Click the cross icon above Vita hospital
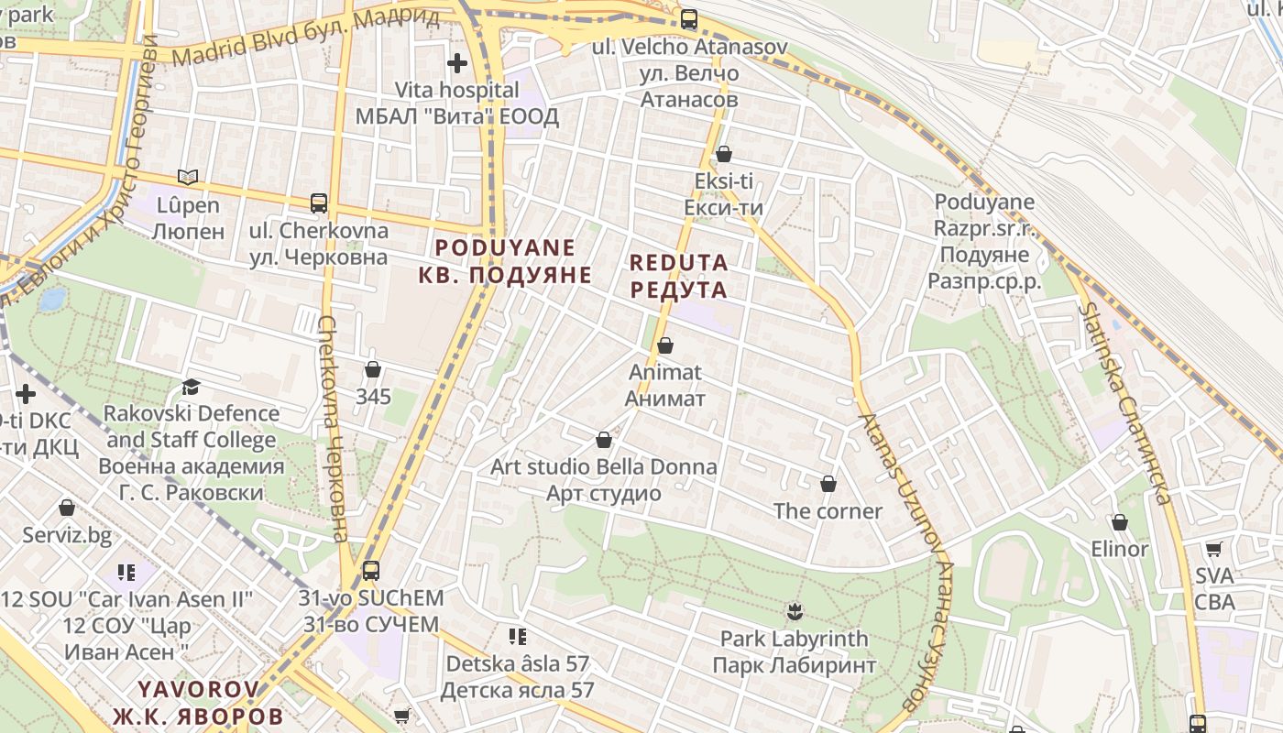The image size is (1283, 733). pos(456,63)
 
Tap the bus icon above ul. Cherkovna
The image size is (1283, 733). pos(319,202)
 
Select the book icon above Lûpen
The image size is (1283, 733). pos(188,177)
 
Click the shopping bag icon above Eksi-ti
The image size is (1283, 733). pos(724,153)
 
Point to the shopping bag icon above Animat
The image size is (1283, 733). pos(665,345)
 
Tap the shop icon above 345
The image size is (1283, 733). pos(373,369)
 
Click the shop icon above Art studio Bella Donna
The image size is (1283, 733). pos(604,440)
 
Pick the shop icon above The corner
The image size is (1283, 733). pos(828,484)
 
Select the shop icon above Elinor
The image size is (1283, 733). pos(1119,522)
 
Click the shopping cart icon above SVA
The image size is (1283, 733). pos(1214,549)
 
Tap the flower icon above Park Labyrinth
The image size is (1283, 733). pos(794,610)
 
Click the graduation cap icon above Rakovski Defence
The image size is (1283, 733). pos(191,387)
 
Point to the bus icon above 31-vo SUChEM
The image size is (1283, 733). pos(371,571)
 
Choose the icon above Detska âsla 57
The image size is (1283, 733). pos(518,635)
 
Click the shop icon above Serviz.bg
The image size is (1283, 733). pos(67,508)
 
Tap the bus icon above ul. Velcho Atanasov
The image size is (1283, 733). pos(689,18)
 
